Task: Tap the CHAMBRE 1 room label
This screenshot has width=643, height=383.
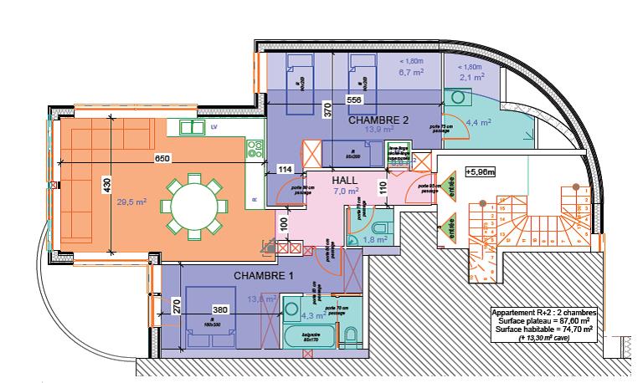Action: click(x=263, y=276)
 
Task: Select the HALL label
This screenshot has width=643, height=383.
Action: click(x=345, y=181)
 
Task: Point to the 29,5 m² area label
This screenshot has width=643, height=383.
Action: click(x=131, y=202)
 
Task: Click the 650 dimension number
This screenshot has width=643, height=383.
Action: click(x=163, y=159)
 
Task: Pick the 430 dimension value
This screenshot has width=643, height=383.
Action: click(x=106, y=186)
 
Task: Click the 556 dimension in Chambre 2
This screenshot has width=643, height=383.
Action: click(x=353, y=100)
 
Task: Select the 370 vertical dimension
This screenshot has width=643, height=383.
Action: click(x=328, y=107)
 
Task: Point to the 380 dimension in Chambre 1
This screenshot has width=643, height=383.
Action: click(x=219, y=309)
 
